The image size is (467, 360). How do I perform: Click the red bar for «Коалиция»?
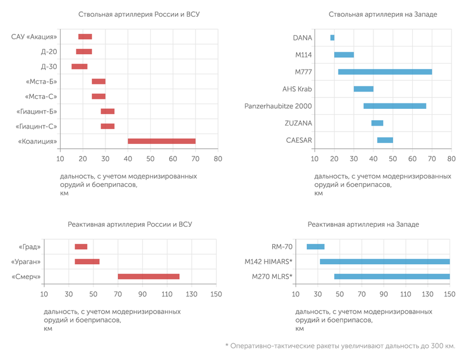tap(161, 141)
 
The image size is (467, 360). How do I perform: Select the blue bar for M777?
tap(385, 72)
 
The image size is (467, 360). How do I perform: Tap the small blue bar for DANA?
tap(332, 37)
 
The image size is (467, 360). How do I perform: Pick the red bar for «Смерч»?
tap(148, 277)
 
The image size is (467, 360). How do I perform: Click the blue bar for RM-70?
tap(316, 246)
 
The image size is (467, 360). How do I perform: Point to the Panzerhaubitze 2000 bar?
tap(395, 106)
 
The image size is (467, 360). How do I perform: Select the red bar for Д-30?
tap(79, 67)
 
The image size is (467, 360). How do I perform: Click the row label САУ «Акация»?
tap(35, 37)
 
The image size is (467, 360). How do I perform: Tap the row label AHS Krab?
tap(297, 89)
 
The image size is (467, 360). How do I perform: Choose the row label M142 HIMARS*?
tap(268, 261)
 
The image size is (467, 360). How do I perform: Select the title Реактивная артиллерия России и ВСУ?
tap(130, 224)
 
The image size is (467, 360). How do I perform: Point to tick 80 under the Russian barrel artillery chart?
tap(218, 159)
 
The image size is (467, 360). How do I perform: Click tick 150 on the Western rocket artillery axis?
tap(450, 294)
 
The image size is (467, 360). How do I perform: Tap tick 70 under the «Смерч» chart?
tap(117, 294)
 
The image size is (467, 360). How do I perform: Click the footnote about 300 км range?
tap(340, 346)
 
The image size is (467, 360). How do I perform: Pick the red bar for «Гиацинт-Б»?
tap(107, 111)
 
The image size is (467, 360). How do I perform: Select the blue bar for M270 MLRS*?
tap(392, 277)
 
